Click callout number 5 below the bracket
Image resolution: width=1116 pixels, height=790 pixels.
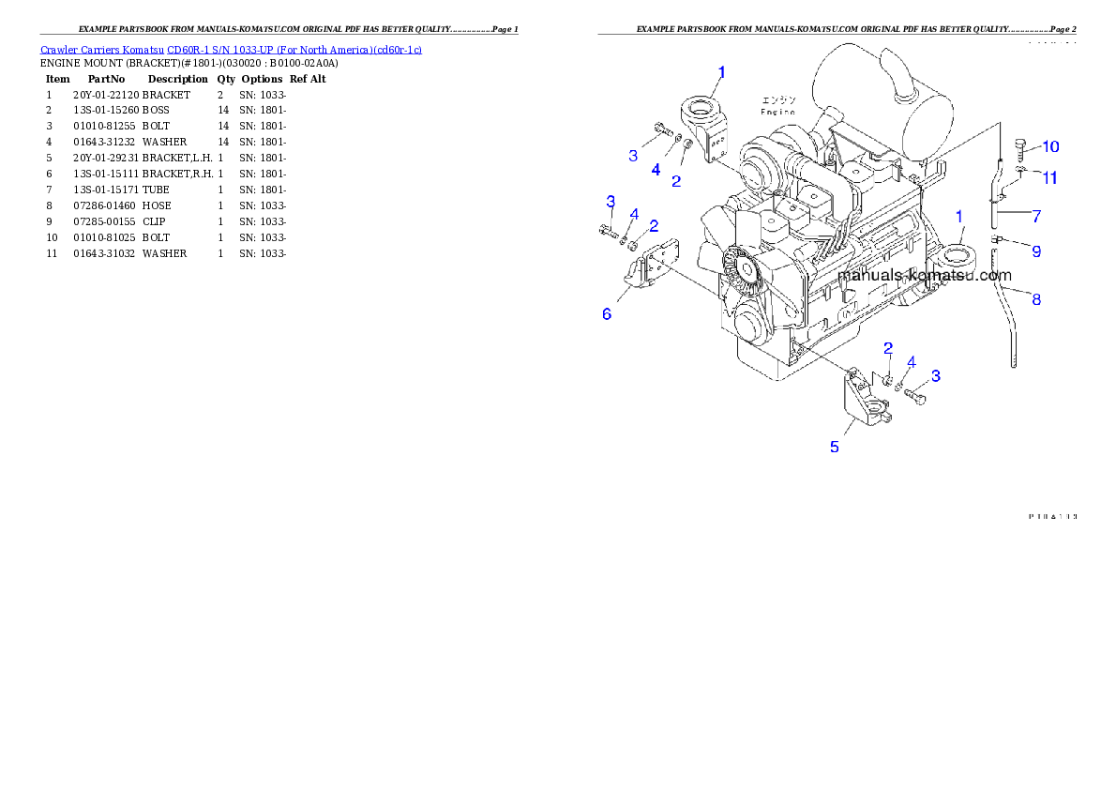[835, 447]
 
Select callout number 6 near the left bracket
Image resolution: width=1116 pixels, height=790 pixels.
[607, 314]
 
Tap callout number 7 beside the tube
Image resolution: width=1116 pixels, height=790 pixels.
[1036, 216]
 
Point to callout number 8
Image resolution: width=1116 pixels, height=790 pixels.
[1036, 299]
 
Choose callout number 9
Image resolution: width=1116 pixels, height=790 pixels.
[1036, 251]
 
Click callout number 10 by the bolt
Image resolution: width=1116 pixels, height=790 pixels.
[1050, 146]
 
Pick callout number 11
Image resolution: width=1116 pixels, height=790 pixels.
[1050, 176]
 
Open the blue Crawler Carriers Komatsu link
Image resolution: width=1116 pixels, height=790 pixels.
[231, 49]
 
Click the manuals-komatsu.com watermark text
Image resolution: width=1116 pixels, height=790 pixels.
[925, 276]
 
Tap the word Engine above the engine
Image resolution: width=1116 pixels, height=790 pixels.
[777, 112]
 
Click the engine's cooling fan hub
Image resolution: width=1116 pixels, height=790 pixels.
[747, 270]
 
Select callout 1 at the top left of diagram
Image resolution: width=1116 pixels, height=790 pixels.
[721, 71]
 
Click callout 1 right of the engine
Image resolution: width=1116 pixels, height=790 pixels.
[959, 217]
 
